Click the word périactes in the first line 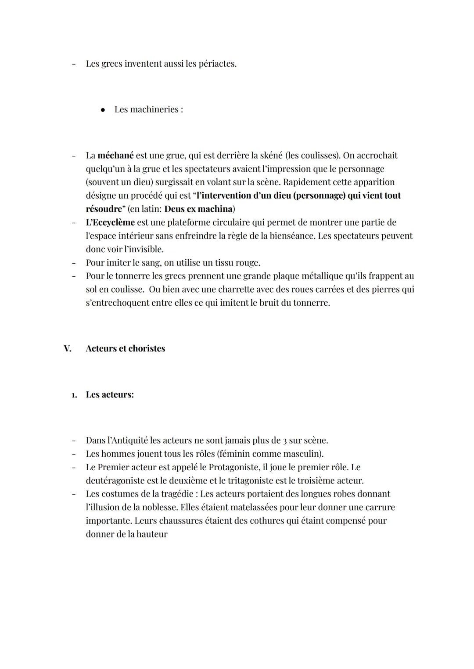[x=217, y=64]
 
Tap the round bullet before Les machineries [x=103, y=110]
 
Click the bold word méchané [x=115, y=156]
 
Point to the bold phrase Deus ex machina [x=198, y=209]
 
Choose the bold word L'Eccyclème [x=110, y=222]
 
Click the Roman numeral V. [x=67, y=349]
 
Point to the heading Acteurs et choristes [x=126, y=349]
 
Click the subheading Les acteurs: [x=110, y=395]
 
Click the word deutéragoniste [x=115, y=481]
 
